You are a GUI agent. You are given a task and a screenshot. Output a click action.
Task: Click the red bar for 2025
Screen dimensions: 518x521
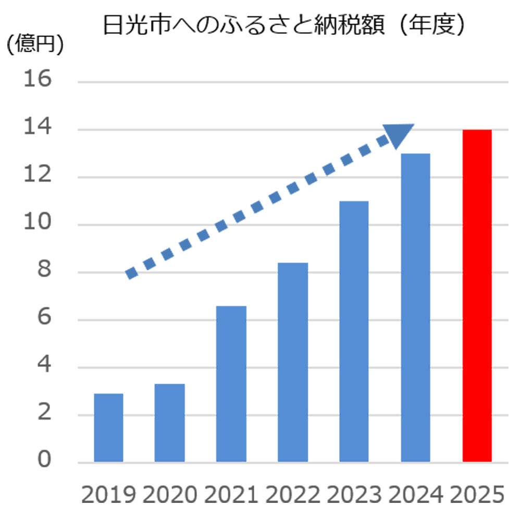pos(477,295)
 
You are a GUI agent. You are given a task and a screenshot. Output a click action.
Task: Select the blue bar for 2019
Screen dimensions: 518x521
pos(108,428)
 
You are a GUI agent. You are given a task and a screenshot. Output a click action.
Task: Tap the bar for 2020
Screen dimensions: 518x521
pos(170,423)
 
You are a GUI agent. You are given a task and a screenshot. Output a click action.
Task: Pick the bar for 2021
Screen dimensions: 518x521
pos(231,384)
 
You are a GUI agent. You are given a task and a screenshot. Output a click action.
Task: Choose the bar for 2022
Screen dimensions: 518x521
pos(293,362)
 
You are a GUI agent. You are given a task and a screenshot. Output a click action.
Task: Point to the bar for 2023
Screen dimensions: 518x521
pos(354,331)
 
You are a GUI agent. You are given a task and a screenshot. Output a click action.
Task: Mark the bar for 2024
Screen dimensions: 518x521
pos(415,307)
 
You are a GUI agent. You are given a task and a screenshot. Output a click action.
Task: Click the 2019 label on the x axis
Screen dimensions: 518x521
pos(108,494)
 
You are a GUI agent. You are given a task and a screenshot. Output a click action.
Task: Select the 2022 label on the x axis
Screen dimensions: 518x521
pos(293,494)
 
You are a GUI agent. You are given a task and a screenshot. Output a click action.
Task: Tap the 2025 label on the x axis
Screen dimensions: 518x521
pos(477,494)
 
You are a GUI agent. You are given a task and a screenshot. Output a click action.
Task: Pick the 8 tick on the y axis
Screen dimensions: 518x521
pos(44,271)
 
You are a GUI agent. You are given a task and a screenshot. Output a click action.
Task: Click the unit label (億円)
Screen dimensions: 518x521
pos(34,45)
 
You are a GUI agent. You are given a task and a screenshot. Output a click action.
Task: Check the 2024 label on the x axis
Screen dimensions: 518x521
pos(416,494)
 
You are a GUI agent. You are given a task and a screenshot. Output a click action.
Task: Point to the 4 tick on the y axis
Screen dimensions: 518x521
pos(44,366)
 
